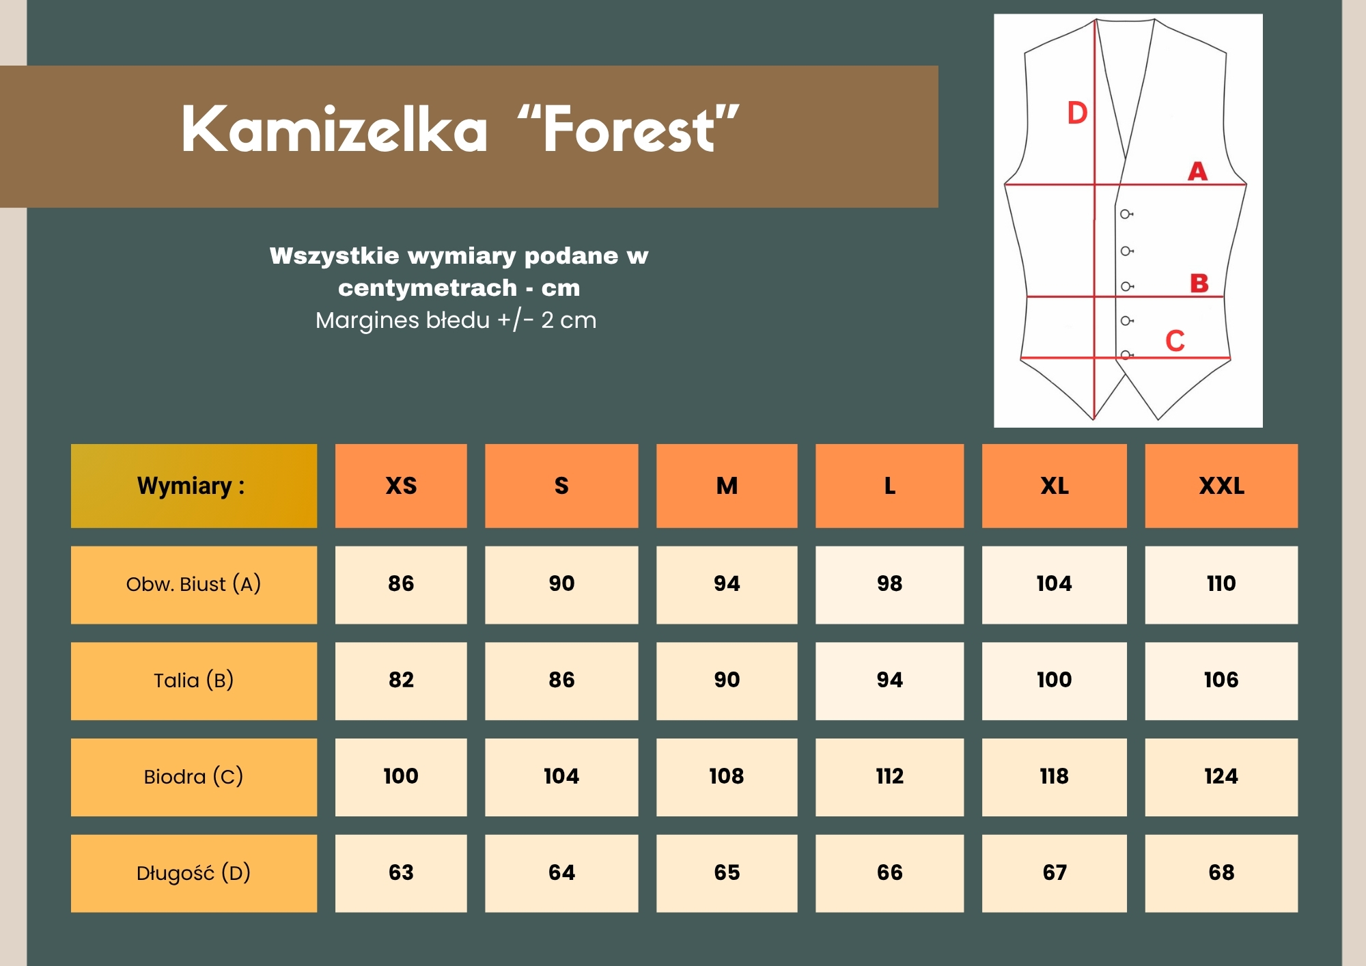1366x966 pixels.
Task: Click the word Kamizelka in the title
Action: [335, 129]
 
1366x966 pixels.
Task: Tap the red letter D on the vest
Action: [1077, 113]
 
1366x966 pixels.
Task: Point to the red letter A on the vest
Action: [1197, 171]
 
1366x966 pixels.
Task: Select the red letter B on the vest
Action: [1199, 283]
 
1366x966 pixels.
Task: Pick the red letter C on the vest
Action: [1175, 340]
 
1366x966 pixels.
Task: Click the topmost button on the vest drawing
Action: [1126, 215]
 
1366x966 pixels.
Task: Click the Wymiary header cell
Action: [194, 486]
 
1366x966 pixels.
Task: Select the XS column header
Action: [401, 486]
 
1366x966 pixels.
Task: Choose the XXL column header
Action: [1221, 486]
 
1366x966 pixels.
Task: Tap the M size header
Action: [727, 486]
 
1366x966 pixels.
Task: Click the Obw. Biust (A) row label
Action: [194, 585]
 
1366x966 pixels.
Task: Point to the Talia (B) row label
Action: [194, 681]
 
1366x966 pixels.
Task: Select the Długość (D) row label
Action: [194, 873]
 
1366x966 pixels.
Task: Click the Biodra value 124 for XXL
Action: [1221, 776]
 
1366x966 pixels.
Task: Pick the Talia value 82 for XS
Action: [401, 680]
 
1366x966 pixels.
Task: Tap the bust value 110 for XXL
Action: [1221, 583]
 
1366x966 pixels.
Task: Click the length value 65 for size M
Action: [727, 872]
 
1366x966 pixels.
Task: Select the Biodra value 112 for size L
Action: [890, 776]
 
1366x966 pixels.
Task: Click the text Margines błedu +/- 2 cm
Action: [456, 320]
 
